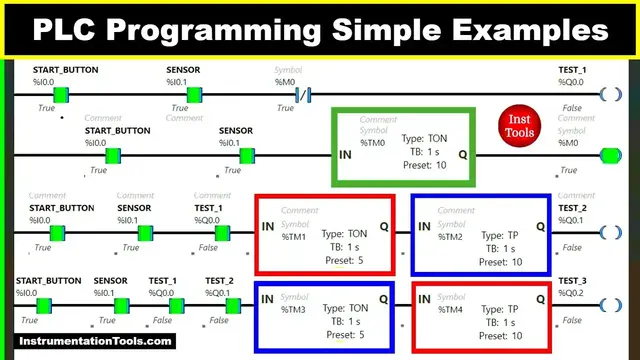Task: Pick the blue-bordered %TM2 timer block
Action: click(x=481, y=234)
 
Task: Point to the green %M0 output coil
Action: click(x=609, y=156)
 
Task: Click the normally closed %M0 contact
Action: click(x=305, y=95)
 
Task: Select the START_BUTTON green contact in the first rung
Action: click(x=60, y=95)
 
